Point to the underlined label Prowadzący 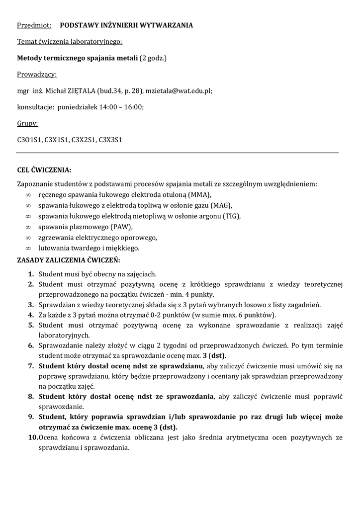pyautogui.click(x=37, y=75)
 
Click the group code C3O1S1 pyautogui.click(x=29, y=140)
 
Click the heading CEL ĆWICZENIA pyautogui.click(x=44, y=170)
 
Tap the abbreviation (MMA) pyautogui.click(x=199, y=194)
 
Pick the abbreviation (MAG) pyautogui.click(x=221, y=205)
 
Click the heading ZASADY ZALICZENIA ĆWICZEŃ pyautogui.click(x=68, y=259)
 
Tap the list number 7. pyautogui.click(x=31, y=366)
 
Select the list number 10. pyautogui.click(x=30, y=437)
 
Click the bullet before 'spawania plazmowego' pyautogui.click(x=28, y=227)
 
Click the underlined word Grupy pyautogui.click(x=28, y=124)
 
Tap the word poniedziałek pyautogui.click(x=78, y=107)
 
